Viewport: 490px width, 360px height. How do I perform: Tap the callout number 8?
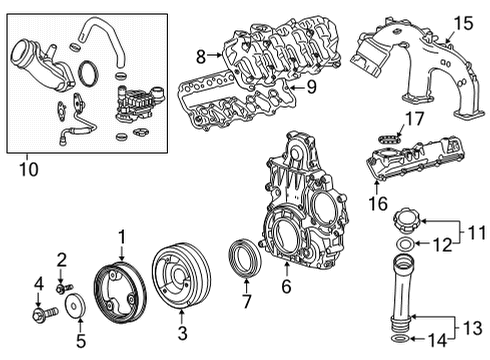(201, 56)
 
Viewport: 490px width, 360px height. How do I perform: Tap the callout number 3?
(183, 330)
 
